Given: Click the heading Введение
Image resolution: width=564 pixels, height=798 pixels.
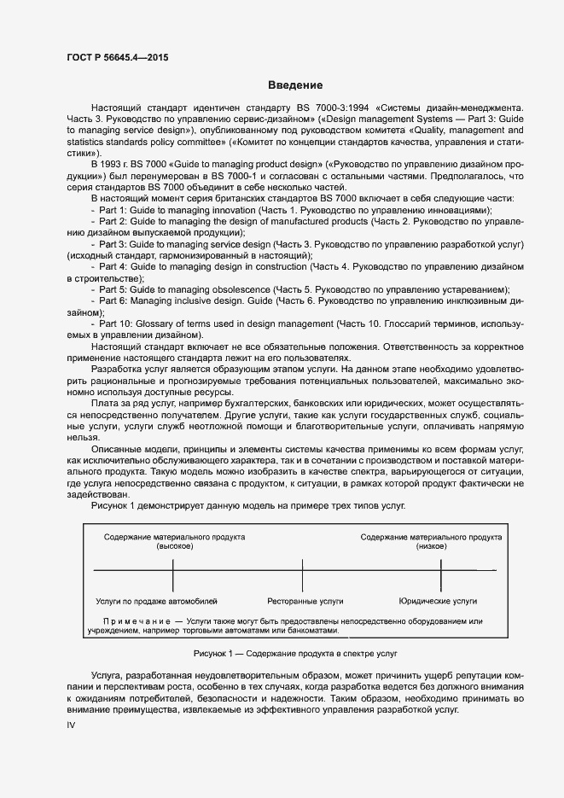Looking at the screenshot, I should click(x=294, y=85).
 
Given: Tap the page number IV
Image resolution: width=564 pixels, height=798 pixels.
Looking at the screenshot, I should click(x=72, y=725).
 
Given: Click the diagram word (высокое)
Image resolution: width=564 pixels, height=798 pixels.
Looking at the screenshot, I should click(x=175, y=547).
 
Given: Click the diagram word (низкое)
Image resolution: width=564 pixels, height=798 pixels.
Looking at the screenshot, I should click(x=431, y=547).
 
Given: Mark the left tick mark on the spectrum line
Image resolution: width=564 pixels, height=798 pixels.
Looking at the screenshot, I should click(x=174, y=569).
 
